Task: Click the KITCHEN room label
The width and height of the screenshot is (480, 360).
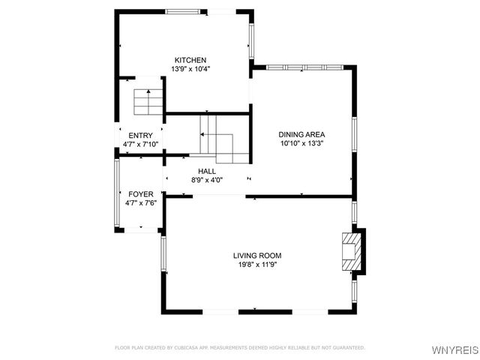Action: pos(190,60)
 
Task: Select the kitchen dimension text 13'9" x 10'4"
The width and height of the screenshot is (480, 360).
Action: pos(190,69)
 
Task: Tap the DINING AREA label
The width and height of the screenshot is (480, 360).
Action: pos(302,134)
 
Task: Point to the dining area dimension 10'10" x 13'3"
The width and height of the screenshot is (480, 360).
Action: pos(302,143)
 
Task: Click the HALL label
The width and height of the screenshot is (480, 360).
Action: pos(207,171)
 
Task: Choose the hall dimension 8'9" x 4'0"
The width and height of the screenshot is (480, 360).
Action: pos(207,180)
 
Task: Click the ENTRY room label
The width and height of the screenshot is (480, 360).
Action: pos(140,135)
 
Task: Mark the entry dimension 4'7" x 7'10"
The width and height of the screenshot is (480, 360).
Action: pos(140,144)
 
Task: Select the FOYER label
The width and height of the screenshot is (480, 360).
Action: pos(140,193)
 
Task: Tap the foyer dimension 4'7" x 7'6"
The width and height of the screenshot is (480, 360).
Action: pos(140,202)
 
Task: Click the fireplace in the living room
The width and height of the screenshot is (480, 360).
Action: pos(351,250)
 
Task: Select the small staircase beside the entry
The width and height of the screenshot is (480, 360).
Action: pos(148,102)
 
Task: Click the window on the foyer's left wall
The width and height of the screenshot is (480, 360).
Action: pos(116,193)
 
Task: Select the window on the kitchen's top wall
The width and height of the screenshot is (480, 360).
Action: pos(186,11)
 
